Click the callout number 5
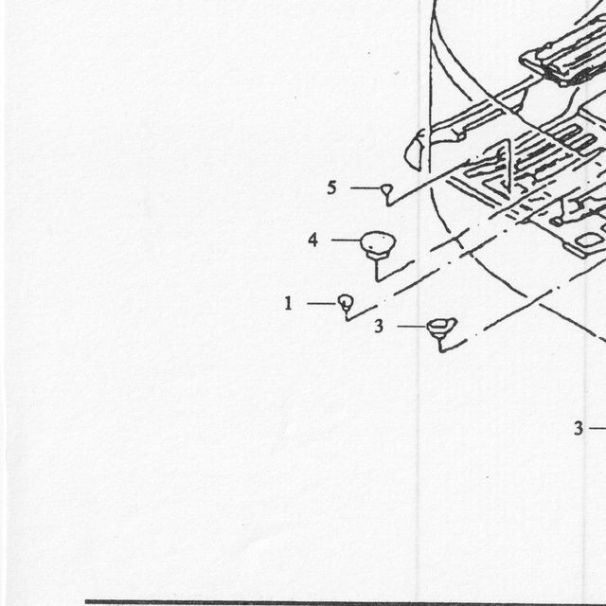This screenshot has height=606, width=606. click(331, 188)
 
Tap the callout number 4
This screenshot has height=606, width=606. click(313, 240)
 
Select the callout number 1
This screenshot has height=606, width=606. click(288, 303)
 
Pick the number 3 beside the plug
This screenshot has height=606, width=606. click(379, 327)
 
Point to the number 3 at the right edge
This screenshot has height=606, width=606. click(579, 428)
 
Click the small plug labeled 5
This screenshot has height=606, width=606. click(387, 189)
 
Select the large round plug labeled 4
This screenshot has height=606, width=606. click(378, 244)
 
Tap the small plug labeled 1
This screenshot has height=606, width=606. click(346, 302)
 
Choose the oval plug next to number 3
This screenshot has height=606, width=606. click(442, 327)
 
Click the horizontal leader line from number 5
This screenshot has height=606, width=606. click(366, 188)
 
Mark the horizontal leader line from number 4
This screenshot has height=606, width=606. click(346, 240)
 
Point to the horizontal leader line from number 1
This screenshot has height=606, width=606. click(323, 303)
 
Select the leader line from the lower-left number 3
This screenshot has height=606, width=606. click(413, 327)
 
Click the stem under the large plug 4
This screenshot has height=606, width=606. click(377, 269)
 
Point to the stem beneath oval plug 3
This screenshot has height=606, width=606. click(440, 345)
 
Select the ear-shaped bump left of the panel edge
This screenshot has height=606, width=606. click(416, 150)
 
